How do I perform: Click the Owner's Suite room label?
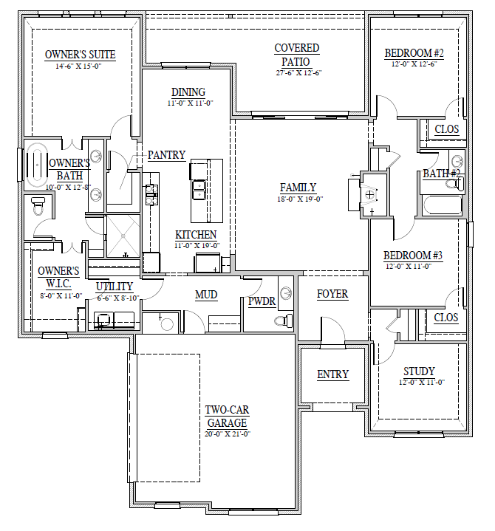[81, 55]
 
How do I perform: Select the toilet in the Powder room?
[284, 320]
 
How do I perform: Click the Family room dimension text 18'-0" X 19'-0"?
[300, 199]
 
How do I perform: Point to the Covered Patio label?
[296, 55]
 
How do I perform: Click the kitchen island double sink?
[199, 191]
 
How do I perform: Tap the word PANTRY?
[167, 155]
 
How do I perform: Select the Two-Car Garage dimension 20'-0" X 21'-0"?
[228, 434]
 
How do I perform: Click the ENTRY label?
[332, 374]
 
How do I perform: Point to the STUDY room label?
[419, 371]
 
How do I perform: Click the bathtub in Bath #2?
[442, 205]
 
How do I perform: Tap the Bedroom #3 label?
[413, 256]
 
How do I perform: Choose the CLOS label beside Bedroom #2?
[446, 129]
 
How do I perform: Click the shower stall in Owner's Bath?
[123, 236]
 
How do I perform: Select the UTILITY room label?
[115, 287]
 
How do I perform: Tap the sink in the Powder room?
[286, 292]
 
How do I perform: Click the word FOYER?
[332, 294]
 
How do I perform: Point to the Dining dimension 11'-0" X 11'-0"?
[190, 103]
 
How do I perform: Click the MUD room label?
[206, 295]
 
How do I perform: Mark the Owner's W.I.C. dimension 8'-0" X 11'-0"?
[61, 295]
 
